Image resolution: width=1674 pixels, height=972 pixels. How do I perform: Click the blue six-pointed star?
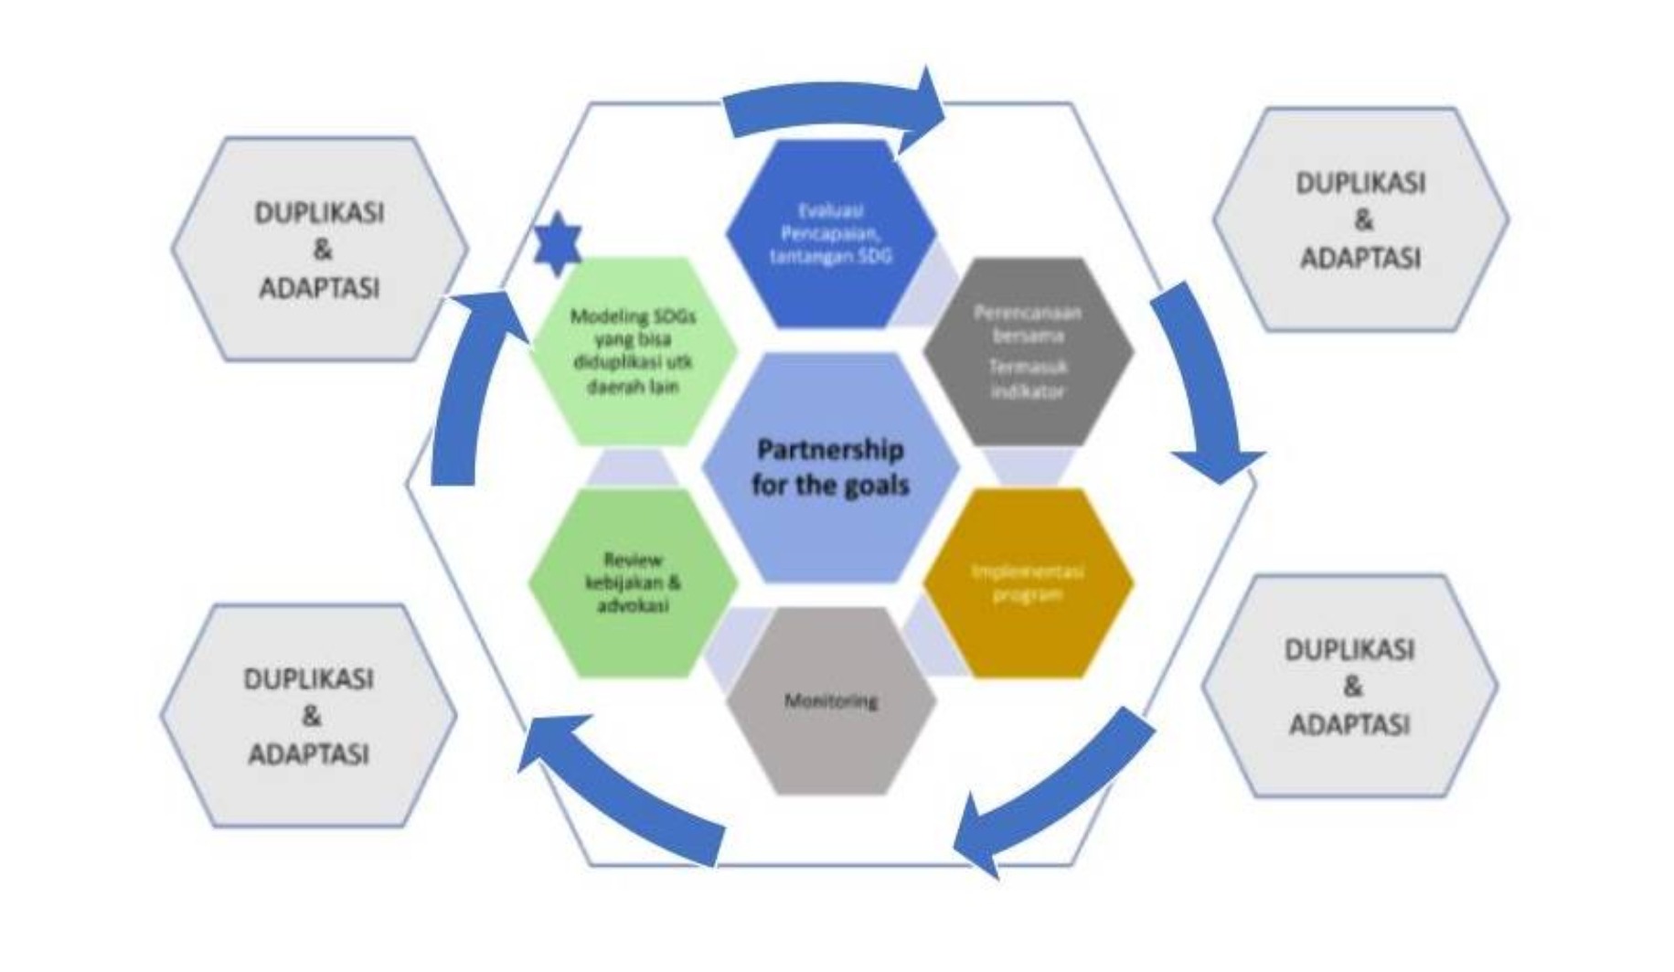pos(557,244)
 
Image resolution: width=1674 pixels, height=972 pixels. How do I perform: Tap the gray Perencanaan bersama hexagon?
pos(1028,351)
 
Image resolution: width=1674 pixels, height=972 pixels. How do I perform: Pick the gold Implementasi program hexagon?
pos(1028,582)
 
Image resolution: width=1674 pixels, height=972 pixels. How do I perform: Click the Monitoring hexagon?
pos(830,701)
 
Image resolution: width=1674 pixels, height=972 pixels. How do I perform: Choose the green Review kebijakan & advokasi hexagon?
pos(633,582)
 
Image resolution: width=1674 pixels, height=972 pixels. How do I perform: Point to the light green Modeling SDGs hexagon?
pos(633,352)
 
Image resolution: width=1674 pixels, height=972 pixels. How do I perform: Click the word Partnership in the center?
pos(830,450)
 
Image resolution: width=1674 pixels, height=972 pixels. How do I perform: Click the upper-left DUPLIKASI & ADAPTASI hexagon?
pos(319,250)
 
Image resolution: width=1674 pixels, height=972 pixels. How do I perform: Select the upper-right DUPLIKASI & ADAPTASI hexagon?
pos(1360,220)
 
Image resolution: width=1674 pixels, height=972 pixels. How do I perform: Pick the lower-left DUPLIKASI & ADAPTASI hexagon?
pos(308,716)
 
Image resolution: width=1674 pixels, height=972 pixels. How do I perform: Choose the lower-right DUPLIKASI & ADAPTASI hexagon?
pos(1349,687)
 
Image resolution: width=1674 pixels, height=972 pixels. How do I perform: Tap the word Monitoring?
pos(830,701)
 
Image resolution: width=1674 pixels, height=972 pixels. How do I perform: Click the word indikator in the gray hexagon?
pos(1028,391)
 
